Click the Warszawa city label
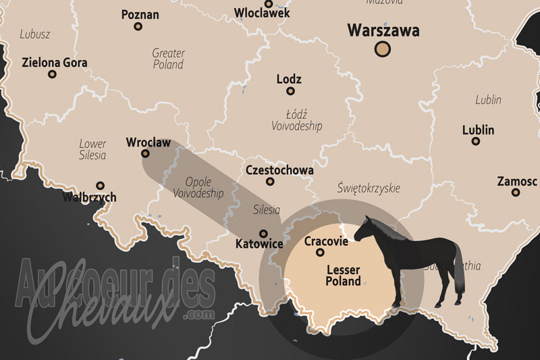point(383,31)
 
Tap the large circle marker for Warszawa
point(383,49)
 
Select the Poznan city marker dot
point(138,27)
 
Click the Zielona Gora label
point(55,63)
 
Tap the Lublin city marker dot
point(476,142)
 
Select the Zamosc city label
point(517,181)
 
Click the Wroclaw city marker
point(145,153)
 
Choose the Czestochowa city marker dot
point(271,181)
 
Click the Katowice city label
point(259,245)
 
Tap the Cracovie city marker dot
point(321,253)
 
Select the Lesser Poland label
point(343,276)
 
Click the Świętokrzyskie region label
point(369,187)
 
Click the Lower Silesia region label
point(92,149)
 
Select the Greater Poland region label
point(167,59)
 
